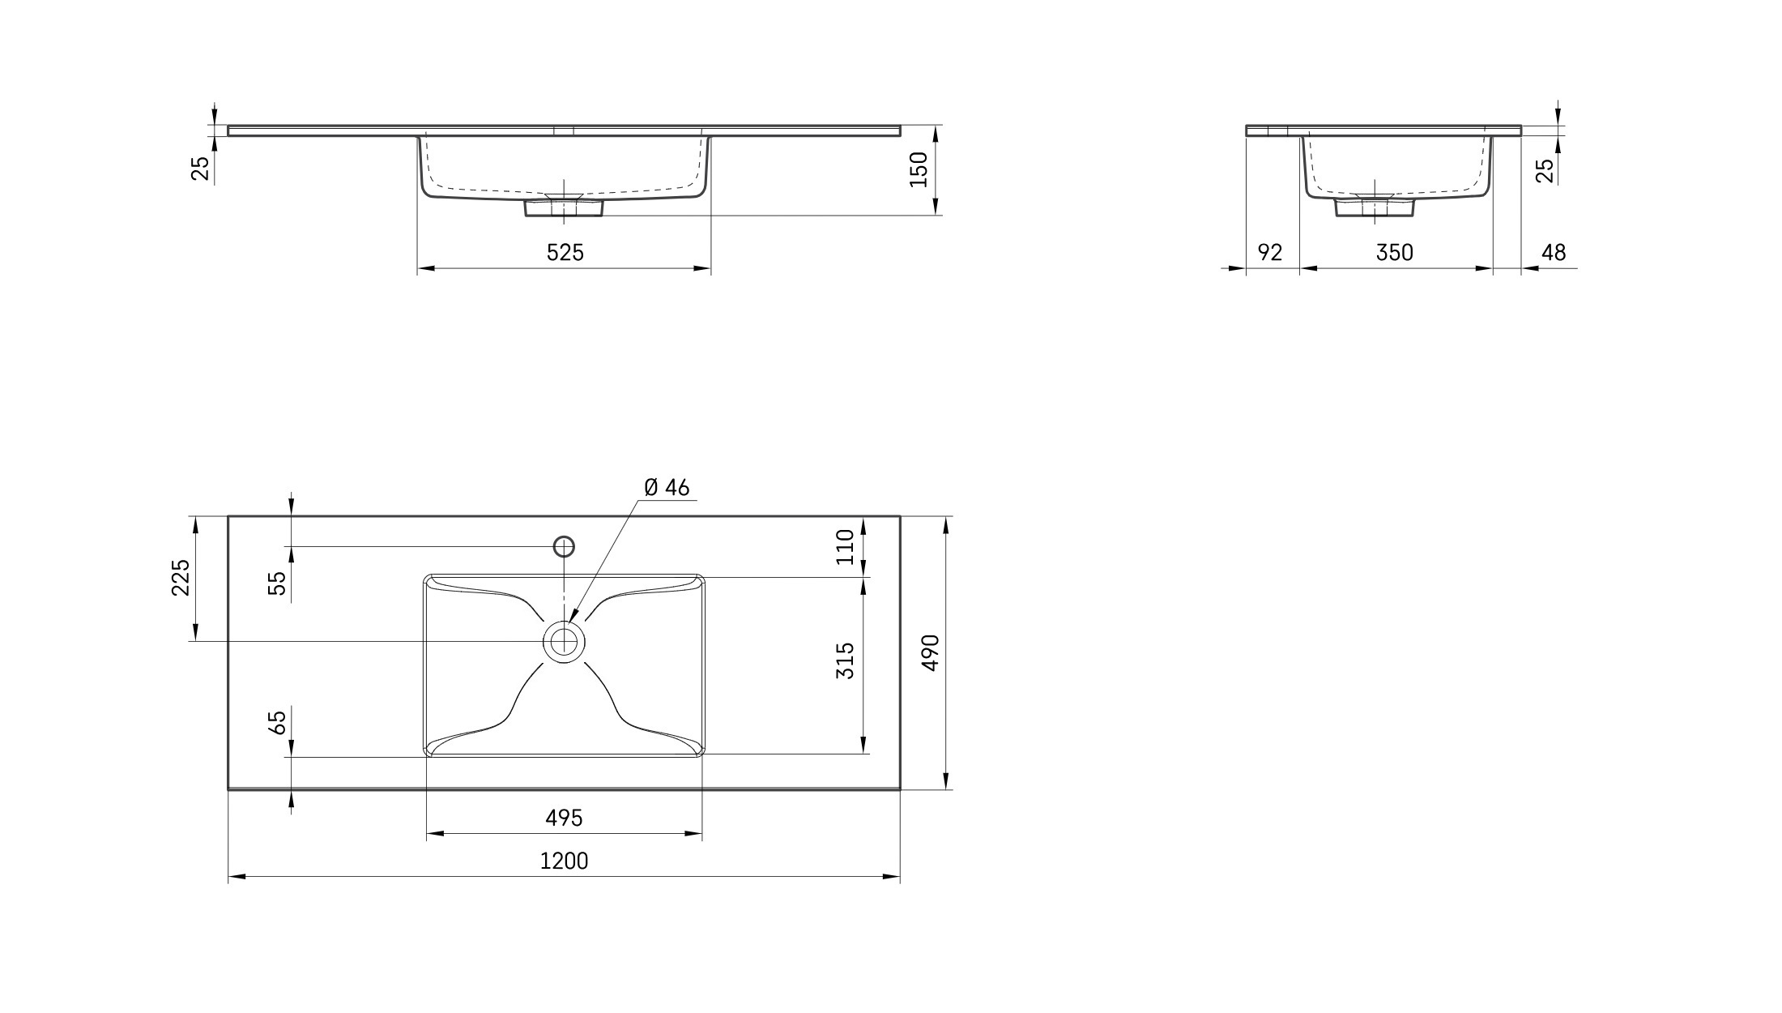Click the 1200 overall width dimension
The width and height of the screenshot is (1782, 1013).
(x=564, y=861)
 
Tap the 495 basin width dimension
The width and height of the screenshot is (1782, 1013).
(x=564, y=819)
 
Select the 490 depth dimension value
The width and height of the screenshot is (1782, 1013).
(x=931, y=652)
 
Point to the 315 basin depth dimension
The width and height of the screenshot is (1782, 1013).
(x=845, y=660)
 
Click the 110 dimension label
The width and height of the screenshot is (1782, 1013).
(x=845, y=546)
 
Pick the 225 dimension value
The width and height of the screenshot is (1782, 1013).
(x=181, y=577)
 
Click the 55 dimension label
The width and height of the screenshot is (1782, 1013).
(x=277, y=583)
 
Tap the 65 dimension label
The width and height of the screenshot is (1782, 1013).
(x=277, y=723)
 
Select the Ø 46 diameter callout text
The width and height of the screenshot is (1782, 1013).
(x=667, y=487)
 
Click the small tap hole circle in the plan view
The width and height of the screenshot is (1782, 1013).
(x=564, y=546)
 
